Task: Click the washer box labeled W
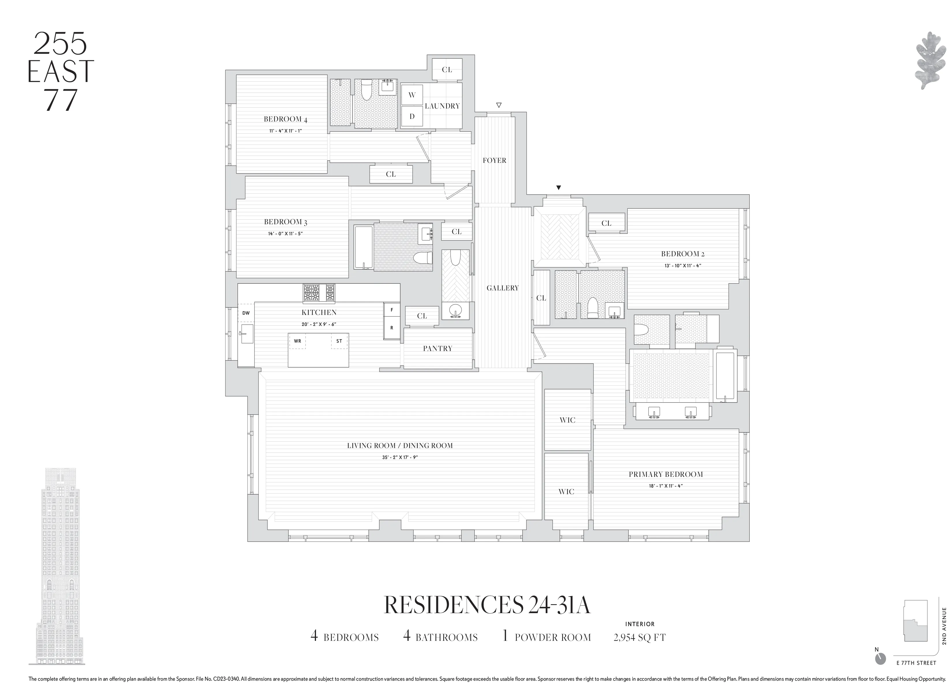pyautogui.click(x=412, y=95)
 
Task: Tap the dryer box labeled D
pyautogui.click(x=412, y=116)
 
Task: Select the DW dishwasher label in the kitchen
pyautogui.click(x=246, y=313)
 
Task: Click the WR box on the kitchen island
pyautogui.click(x=297, y=341)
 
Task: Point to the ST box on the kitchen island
pyautogui.click(x=339, y=341)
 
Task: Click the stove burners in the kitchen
pyautogui.click(x=319, y=293)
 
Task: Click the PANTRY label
pyautogui.click(x=437, y=348)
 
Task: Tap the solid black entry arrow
pyautogui.click(x=558, y=188)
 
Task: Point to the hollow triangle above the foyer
pyautogui.click(x=499, y=105)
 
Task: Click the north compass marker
pyautogui.click(x=880, y=670)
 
